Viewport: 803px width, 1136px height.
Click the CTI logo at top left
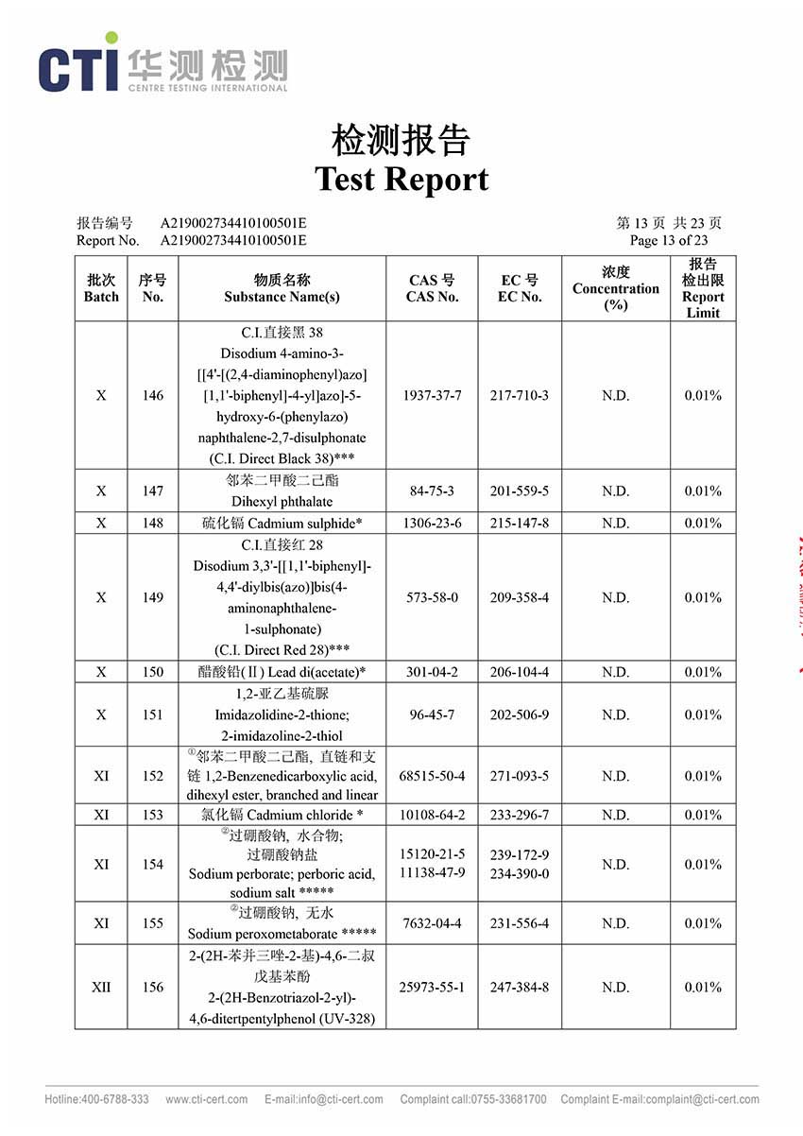[x=162, y=63]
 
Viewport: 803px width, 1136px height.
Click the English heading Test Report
[x=401, y=179]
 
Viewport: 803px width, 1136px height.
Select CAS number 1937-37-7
[x=431, y=395]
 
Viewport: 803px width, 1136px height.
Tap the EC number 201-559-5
[x=519, y=491]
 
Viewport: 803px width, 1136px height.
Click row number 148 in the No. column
[x=152, y=523]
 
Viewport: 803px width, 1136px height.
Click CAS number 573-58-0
[x=431, y=597]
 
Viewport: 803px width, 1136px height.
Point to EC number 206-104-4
[x=519, y=672]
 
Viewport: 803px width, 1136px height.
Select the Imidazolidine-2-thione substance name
[x=282, y=714]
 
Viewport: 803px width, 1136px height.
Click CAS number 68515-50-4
[x=432, y=776]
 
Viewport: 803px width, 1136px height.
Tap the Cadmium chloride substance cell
[x=282, y=815]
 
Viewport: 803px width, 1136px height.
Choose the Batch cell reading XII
[x=101, y=987]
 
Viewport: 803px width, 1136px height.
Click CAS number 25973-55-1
[x=432, y=987]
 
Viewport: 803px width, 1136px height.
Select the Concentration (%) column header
[x=615, y=288]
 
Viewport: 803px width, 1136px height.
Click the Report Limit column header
[x=702, y=288]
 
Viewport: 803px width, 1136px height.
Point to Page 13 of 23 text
[x=668, y=240]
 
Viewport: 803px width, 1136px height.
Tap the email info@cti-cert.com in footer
[x=324, y=1099]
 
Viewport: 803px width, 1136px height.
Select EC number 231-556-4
[x=519, y=923]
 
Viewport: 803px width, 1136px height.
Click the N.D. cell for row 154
[x=615, y=864]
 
